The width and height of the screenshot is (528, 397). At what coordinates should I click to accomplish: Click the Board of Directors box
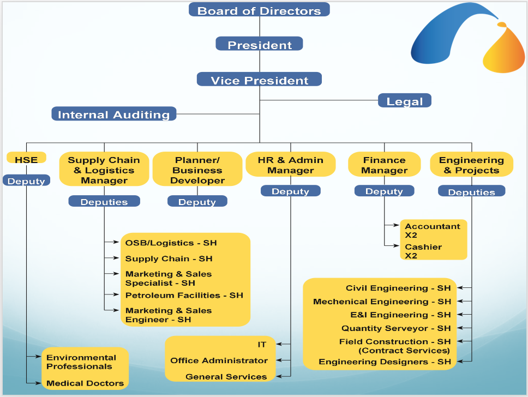259,10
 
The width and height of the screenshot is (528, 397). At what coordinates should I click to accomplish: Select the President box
259,44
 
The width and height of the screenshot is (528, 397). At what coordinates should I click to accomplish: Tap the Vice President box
259,80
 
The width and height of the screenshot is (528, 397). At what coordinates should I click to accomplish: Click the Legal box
404,101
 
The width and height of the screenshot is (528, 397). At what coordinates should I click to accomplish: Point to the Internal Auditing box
113,114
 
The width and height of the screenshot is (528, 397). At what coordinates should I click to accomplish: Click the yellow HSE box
26,160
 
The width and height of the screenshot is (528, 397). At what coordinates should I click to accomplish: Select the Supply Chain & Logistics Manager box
104,170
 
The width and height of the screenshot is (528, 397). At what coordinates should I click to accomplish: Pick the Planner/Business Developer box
197,170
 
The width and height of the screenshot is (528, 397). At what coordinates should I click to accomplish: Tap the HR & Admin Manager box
290,165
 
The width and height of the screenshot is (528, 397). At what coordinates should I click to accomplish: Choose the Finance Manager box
384,165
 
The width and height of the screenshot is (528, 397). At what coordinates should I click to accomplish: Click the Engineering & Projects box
471,165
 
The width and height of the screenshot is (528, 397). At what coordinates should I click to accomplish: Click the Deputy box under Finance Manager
384,191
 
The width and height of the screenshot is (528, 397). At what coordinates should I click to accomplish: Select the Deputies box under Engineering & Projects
471,191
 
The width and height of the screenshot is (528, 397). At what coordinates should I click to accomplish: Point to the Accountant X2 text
433,231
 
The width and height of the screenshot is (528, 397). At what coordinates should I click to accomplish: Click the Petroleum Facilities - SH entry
184,295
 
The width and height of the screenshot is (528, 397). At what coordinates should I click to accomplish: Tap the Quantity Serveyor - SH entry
396,328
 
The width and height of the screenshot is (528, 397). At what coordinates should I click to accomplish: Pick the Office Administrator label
219,360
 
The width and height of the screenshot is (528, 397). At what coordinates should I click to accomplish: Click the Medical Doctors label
85,383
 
